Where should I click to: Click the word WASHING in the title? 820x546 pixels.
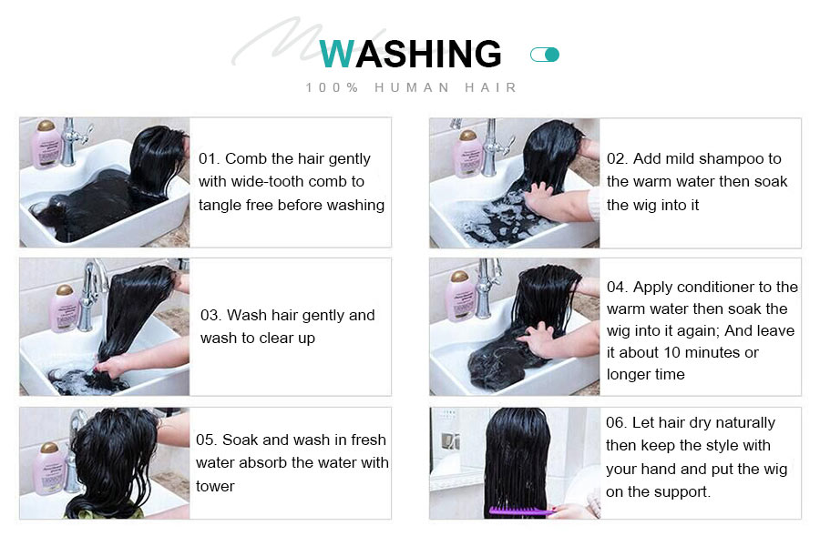pyautogui.click(x=411, y=54)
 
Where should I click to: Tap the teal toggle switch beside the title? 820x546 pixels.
pyautogui.click(x=545, y=55)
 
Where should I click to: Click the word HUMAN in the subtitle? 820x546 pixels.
pyautogui.click(x=412, y=87)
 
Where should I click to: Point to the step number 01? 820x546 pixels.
pyautogui.click(x=207, y=158)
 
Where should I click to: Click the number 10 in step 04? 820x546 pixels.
pyautogui.click(x=672, y=353)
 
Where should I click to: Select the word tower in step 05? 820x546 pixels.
pyautogui.click(x=215, y=486)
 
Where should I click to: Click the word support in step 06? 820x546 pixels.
pyautogui.click(x=680, y=492)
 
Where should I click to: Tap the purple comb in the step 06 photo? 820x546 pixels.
pyautogui.click(x=520, y=510)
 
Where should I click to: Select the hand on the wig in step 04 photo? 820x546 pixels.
pyautogui.click(x=538, y=339)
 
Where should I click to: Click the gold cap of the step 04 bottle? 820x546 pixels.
pyautogui.click(x=460, y=276)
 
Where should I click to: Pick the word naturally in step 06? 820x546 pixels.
pyautogui.click(x=745, y=422)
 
